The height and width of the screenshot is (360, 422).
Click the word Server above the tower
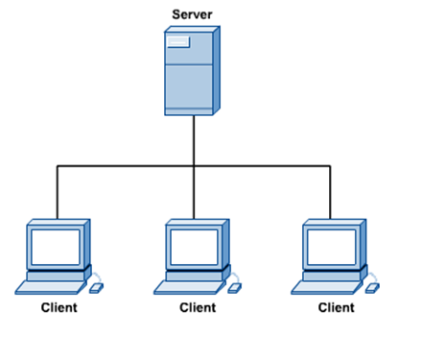(x=193, y=13)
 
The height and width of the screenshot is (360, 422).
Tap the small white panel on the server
(x=178, y=41)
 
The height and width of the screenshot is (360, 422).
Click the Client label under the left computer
(x=59, y=308)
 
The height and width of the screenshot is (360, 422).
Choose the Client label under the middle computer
(x=198, y=308)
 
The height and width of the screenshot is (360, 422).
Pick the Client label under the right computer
(x=335, y=308)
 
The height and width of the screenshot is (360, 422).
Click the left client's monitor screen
(x=54, y=246)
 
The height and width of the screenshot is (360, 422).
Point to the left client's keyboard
(x=51, y=286)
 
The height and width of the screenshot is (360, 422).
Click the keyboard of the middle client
(x=189, y=286)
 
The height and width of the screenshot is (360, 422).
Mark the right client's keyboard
(x=327, y=286)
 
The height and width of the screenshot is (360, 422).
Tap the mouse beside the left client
(x=97, y=285)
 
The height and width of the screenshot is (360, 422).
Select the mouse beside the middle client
(x=235, y=285)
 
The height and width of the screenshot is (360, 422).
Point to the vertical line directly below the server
(x=194, y=140)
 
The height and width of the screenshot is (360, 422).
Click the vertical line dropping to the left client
(x=57, y=192)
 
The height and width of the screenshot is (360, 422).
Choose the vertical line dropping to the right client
(x=331, y=192)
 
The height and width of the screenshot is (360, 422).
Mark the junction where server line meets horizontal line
(x=194, y=166)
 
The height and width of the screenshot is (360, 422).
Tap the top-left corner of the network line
(x=57, y=166)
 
